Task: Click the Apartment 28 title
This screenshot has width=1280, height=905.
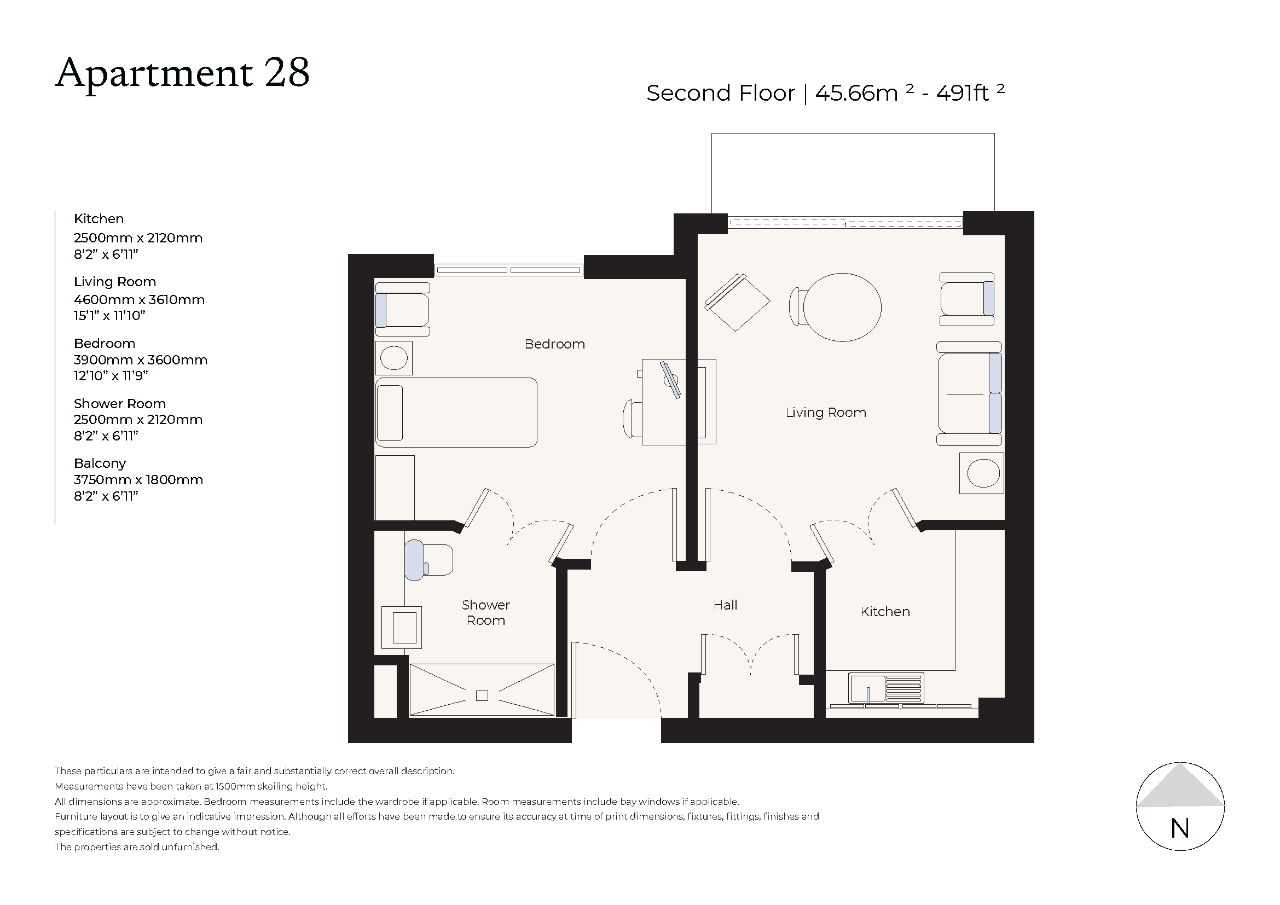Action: pos(182,73)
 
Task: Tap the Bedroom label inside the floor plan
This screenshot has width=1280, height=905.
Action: pos(555,344)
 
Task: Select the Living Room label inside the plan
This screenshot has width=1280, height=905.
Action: pos(826,413)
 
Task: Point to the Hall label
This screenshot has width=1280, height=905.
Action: pos(725,605)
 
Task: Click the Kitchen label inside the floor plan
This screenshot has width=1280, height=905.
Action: pos(885,612)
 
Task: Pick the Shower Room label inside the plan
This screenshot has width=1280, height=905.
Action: pos(485,613)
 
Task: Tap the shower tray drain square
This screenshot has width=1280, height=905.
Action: pos(482,695)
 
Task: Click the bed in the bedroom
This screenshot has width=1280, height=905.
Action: pos(456,413)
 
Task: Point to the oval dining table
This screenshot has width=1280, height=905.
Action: pos(842,307)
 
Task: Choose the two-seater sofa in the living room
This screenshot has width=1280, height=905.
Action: pos(970,393)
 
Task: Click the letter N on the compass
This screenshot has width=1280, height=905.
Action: pos(1180,829)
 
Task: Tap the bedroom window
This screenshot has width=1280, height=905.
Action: pos(508,270)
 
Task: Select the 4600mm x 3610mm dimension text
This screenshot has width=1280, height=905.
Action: pos(140,300)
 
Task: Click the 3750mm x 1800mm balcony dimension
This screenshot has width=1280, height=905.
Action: pos(138,480)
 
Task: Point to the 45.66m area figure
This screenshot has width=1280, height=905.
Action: pos(856,93)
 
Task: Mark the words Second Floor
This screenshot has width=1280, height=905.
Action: pos(720,93)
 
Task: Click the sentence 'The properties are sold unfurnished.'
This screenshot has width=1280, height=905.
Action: pos(137,847)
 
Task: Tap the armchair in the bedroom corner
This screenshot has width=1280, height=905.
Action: pos(403,310)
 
